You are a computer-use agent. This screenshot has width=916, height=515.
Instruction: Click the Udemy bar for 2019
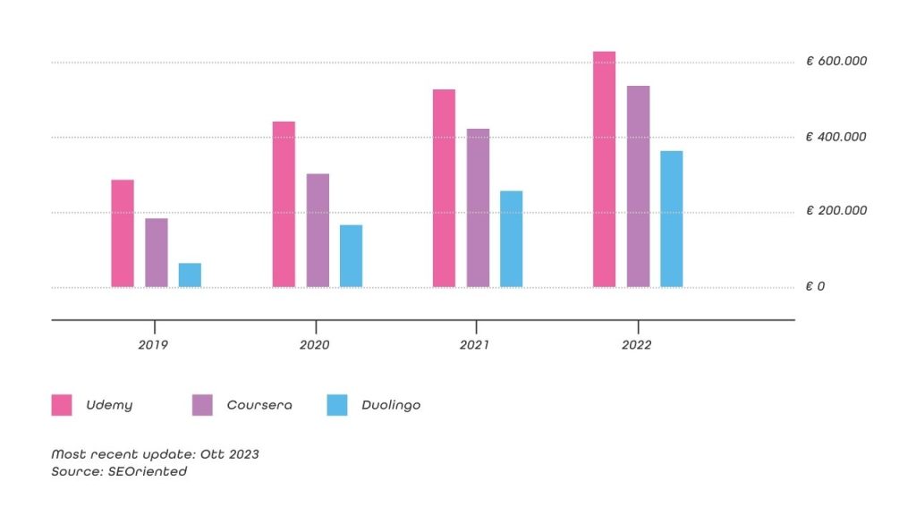pos(123,233)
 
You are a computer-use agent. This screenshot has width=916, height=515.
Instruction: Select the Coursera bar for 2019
pos(157,253)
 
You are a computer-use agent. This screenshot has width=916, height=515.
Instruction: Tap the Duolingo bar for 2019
pos(190,275)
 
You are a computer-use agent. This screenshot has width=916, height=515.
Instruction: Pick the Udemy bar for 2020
pos(284,204)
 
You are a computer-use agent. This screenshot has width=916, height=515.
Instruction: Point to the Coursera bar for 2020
pos(318,231)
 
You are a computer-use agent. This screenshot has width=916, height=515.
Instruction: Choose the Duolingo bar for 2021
pos(511,239)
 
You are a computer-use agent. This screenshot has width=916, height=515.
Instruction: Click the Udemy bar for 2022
pos(604,169)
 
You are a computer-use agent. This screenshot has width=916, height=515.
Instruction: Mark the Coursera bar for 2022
pos(638,186)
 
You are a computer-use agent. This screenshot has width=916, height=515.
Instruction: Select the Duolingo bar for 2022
pos(671,219)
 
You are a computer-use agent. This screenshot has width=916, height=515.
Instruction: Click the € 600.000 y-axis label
pos(836,61)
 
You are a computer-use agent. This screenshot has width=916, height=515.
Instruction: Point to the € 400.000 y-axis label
pos(836,137)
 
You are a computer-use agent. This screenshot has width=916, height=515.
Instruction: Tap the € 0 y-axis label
pos(815,287)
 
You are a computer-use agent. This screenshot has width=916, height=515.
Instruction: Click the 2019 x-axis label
pos(153,345)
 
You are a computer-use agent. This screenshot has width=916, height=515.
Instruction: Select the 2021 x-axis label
pos(474,345)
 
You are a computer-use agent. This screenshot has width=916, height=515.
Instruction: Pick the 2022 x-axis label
pos(637,345)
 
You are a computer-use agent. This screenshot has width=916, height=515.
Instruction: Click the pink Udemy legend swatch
pos(62,405)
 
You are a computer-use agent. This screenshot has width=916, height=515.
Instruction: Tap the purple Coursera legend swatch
pos(202,405)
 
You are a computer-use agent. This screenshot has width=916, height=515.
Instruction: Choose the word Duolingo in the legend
pos(391,405)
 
